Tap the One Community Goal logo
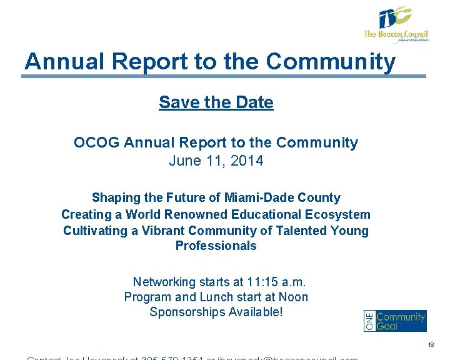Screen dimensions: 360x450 click(x=395, y=321)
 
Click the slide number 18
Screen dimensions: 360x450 click(x=431, y=345)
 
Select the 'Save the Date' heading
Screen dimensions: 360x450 click(x=216, y=102)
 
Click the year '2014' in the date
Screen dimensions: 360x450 click(x=247, y=161)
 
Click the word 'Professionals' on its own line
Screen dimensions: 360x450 click(x=216, y=246)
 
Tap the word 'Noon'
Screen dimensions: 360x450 click(x=294, y=297)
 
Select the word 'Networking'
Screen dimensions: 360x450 click(x=164, y=281)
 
